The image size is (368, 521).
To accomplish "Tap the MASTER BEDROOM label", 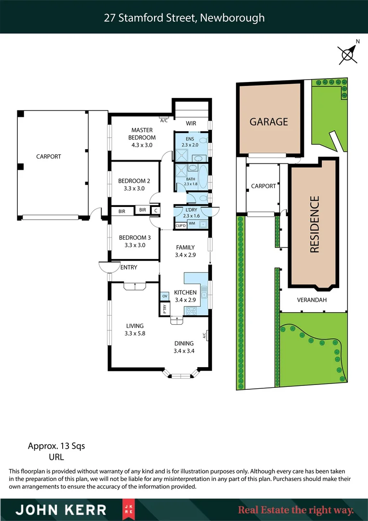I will click(142, 134).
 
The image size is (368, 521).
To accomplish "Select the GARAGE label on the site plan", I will click(268, 122).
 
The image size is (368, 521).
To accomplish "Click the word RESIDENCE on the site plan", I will click(315, 224).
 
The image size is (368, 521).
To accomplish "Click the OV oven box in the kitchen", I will click(164, 296).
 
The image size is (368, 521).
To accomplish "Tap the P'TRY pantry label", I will click(164, 309).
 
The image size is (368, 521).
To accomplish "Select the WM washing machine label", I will click(192, 224).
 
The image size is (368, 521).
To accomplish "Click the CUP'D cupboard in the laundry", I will click(181, 225).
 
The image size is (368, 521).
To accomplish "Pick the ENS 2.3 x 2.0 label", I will click(190, 141).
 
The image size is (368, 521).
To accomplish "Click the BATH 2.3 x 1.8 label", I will click(191, 181).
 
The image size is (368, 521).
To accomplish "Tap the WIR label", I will click(191, 123).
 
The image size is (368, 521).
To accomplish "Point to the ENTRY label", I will click(129, 267).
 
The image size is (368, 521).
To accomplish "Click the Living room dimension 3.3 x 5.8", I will click(134, 333).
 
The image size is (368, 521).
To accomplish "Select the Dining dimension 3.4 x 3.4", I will click(184, 351).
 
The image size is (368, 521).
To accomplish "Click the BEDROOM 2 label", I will click(134, 185).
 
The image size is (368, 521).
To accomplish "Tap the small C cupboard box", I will click(155, 210).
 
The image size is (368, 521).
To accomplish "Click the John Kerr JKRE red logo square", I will click(127, 510).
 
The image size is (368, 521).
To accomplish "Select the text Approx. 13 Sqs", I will click(56, 446).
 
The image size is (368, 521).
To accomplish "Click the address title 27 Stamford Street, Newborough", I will click(184, 18).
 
